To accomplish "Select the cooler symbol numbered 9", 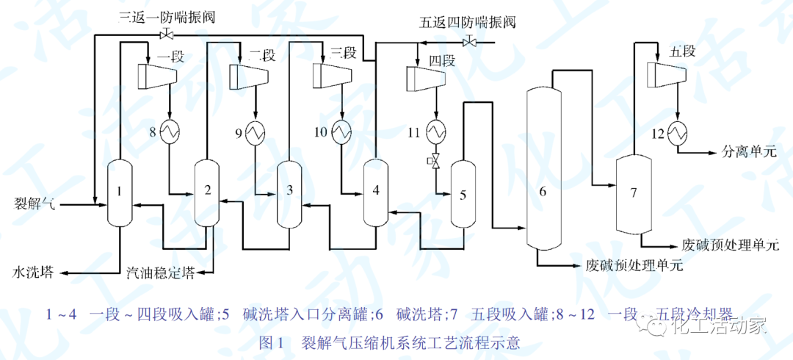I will [256, 132].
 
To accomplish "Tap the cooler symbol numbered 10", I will [341, 132].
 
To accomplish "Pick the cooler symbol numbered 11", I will [435, 132].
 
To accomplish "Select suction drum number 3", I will [289, 192].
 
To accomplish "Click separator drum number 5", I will [463, 195].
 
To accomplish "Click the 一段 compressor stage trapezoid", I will [158, 73].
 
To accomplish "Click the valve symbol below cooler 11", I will [435, 161].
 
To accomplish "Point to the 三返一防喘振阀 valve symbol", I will [167, 35].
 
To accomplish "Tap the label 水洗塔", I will [32, 272].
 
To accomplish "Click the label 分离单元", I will [750, 153].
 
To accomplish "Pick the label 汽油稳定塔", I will [160, 272].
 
